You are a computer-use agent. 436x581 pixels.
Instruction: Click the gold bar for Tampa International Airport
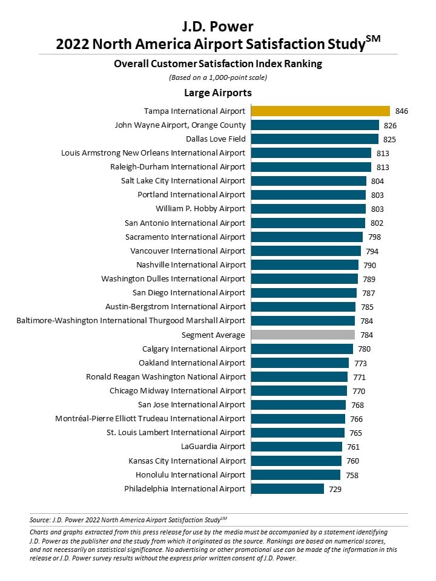click(320, 111)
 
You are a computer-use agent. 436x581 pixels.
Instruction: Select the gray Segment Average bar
click(303, 335)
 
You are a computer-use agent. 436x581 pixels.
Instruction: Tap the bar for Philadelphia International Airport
click(287, 489)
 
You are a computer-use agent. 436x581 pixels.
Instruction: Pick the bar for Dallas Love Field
click(315, 139)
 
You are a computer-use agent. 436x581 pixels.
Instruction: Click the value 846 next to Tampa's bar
click(401, 111)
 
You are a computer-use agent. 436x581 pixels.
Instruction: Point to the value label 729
click(335, 489)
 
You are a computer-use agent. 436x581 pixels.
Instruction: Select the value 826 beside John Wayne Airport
click(390, 126)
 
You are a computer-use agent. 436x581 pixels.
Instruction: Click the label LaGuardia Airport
click(213, 447)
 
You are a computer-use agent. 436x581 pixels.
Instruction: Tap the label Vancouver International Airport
click(188, 251)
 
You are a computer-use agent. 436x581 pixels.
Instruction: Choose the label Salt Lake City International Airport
click(183, 181)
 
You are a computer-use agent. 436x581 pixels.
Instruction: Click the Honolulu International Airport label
click(190, 474)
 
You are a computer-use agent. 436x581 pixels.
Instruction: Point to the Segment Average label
click(213, 335)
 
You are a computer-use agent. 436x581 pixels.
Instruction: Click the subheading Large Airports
click(218, 93)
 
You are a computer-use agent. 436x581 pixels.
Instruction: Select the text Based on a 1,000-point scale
click(218, 77)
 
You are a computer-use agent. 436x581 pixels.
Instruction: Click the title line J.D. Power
click(218, 27)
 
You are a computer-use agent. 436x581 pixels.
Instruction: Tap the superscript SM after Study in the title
click(373, 39)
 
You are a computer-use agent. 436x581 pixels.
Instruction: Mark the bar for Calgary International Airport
click(302, 349)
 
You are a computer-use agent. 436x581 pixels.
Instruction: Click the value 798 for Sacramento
click(374, 237)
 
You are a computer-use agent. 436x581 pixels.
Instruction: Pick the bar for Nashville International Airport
click(305, 265)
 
